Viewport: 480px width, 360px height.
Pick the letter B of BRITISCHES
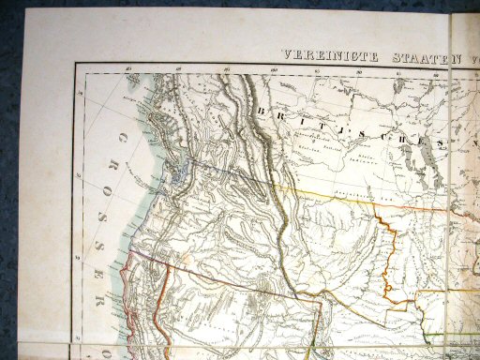click(259, 111)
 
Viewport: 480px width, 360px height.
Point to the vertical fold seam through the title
click(451, 56)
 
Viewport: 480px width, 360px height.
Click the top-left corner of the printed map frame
click(76, 65)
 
